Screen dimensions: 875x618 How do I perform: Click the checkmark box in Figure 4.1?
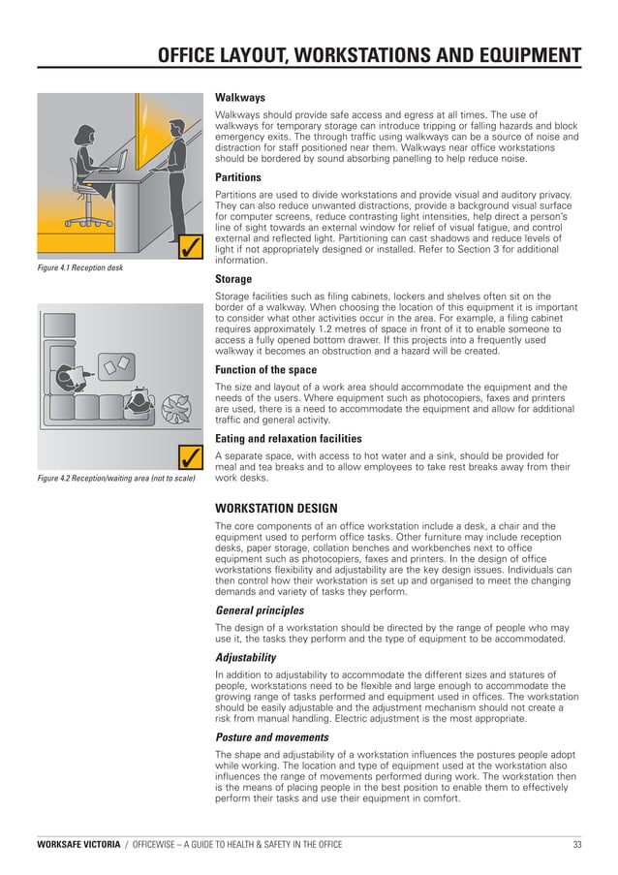(x=191, y=249)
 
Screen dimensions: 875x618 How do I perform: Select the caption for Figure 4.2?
(x=115, y=479)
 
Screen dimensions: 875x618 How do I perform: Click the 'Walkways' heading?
(x=239, y=98)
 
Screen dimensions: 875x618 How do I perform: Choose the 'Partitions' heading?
(x=237, y=178)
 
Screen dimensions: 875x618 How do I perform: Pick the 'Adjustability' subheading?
(x=245, y=657)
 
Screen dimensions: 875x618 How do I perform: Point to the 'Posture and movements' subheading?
(x=271, y=737)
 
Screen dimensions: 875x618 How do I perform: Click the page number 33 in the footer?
(x=577, y=845)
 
